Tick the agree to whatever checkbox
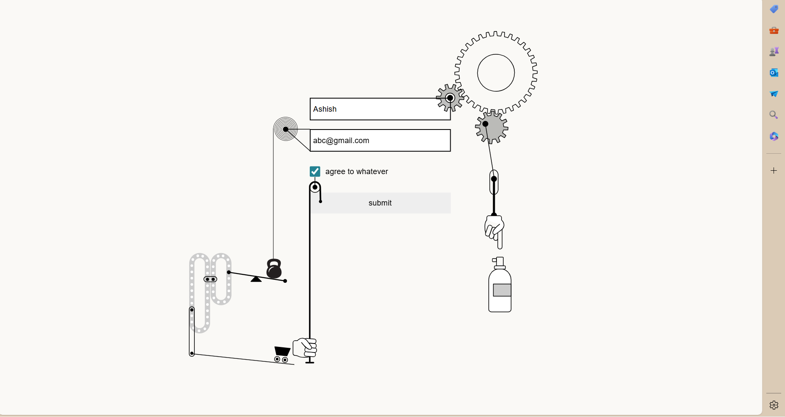coord(315,171)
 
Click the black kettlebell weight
coord(274,269)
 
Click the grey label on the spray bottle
coord(502,290)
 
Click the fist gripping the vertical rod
coord(305,348)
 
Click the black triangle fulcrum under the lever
coord(256,279)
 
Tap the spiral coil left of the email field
coord(286,129)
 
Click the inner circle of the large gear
coord(496,73)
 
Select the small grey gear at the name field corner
coord(450,98)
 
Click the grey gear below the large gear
coord(492,127)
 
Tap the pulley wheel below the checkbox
coord(315,187)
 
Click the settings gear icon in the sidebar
coord(774,405)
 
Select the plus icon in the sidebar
coord(774,171)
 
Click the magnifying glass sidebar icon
coord(774,115)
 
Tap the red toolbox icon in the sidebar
coord(774,31)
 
